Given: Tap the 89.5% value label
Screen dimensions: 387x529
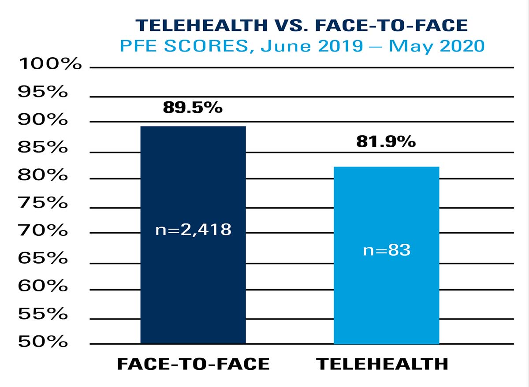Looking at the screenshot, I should (193, 107).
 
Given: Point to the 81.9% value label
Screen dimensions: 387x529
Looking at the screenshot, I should (386, 141).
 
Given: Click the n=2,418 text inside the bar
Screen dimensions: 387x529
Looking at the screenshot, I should (193, 230).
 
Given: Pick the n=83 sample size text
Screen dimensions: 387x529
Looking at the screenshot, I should (387, 250).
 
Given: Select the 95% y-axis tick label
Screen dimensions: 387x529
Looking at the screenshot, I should (43, 92).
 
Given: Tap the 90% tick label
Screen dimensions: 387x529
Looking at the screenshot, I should (43, 119).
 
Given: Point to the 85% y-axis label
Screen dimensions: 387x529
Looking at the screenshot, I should (43, 147).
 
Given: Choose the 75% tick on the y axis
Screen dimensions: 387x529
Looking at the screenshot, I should (43, 203).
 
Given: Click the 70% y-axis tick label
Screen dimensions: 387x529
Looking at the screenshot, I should (43, 231).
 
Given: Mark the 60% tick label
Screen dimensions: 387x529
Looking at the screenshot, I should (43, 286).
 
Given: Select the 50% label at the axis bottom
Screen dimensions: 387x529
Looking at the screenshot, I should (43, 342).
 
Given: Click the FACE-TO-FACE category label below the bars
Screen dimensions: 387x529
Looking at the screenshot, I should (193, 364).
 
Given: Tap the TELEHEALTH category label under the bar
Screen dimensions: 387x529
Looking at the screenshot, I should (382, 364).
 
